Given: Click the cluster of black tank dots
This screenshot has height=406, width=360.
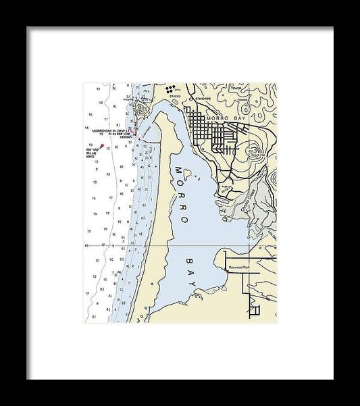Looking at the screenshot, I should click(x=172, y=87).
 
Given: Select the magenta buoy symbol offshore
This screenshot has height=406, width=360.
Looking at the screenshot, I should click(x=102, y=145).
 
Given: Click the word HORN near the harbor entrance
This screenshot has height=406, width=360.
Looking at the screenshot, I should click(x=124, y=136).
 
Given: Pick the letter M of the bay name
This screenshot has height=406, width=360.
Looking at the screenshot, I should click(x=177, y=169).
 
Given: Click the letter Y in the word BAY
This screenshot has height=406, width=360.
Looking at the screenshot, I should click(x=197, y=293).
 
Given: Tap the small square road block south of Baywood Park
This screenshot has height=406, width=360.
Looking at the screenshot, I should click(x=254, y=310).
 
